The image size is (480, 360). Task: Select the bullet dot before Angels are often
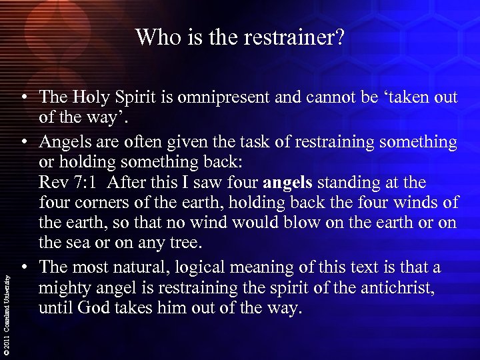(23, 141)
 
